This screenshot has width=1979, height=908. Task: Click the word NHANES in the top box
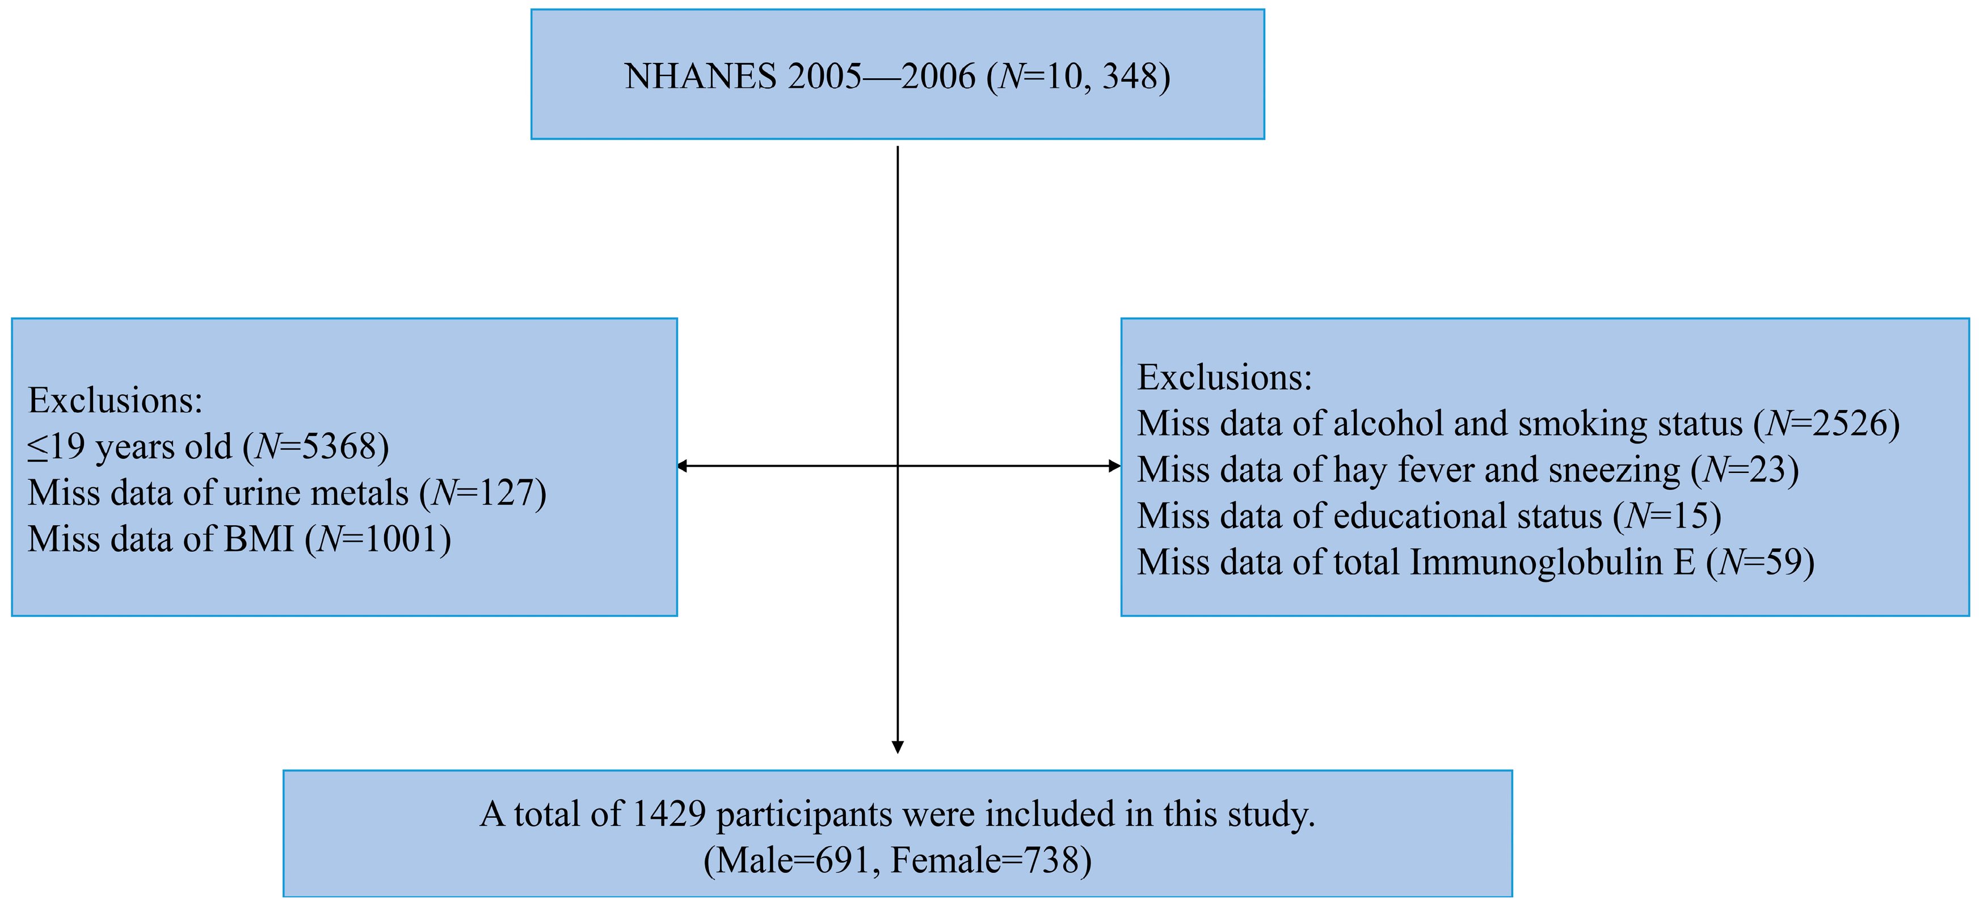[700, 77]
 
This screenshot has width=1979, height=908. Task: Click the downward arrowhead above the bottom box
[898, 747]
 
